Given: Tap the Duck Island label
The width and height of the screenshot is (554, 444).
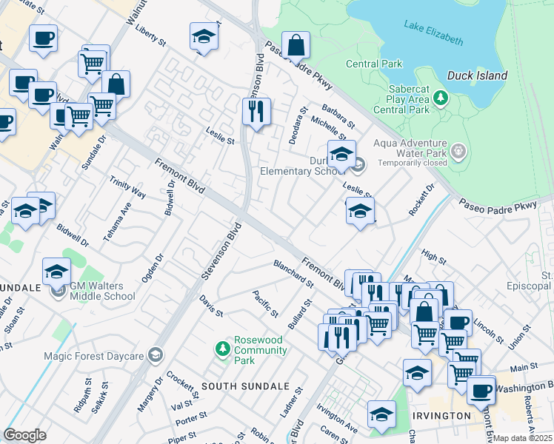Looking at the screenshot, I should (x=477, y=75).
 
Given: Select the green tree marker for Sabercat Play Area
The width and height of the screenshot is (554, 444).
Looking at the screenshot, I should (x=441, y=98).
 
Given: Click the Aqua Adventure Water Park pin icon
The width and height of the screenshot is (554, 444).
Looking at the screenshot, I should (x=458, y=152).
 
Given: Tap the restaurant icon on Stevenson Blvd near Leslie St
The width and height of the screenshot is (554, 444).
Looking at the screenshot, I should (x=256, y=112).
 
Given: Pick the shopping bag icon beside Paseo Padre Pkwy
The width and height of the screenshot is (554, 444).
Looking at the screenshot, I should (x=296, y=45).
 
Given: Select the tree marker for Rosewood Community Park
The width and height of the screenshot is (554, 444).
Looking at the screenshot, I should (x=221, y=347).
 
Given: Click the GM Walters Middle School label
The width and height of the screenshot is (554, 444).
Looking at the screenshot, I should (x=102, y=291).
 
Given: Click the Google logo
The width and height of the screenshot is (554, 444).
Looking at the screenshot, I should (x=24, y=434).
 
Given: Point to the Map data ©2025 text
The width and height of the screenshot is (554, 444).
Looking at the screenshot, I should (x=522, y=438).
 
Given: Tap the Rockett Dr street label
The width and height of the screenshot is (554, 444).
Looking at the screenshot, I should (x=420, y=201).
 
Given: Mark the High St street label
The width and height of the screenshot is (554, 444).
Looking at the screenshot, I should (x=433, y=257).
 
